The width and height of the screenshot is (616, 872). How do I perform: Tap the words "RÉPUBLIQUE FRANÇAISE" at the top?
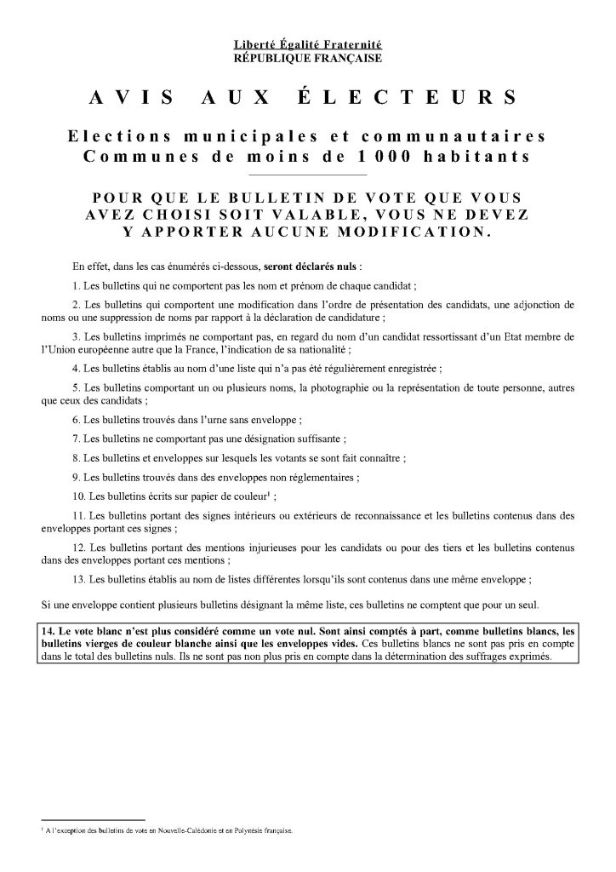pos(308,58)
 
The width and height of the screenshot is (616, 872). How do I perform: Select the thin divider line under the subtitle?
pos(308,174)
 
